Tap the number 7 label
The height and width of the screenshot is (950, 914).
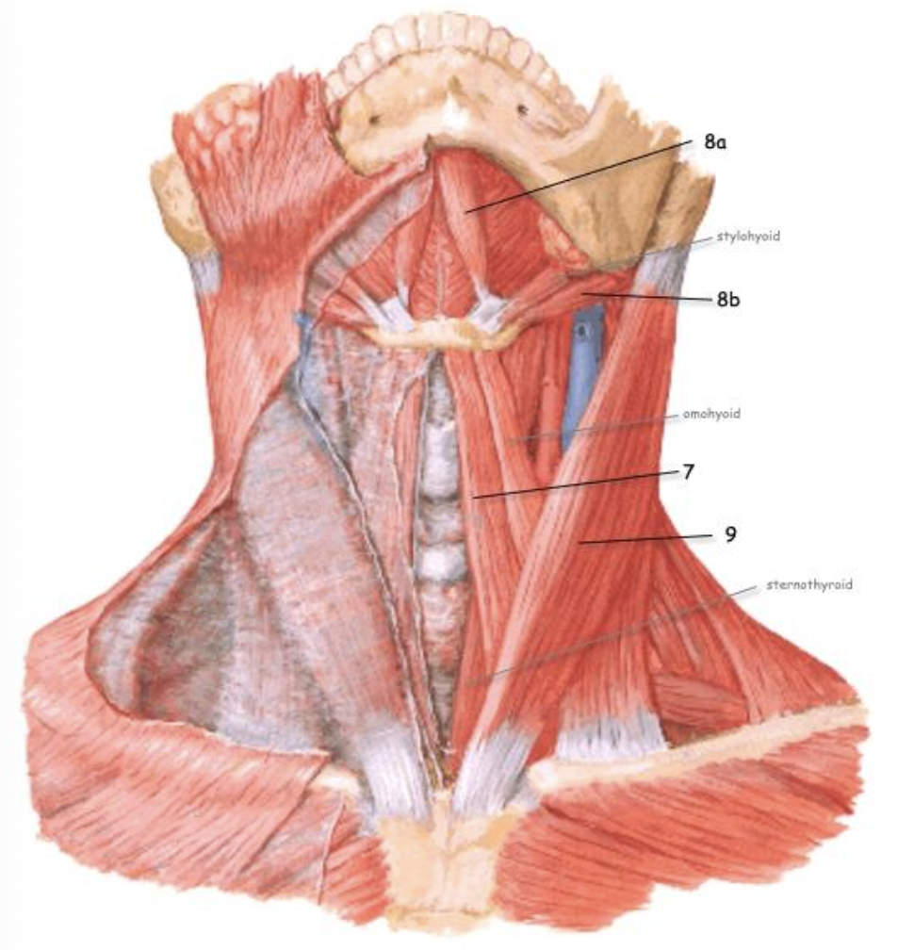pos(689,472)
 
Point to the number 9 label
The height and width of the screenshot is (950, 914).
pos(730,534)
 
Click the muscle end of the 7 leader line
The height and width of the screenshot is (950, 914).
pos(474,498)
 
